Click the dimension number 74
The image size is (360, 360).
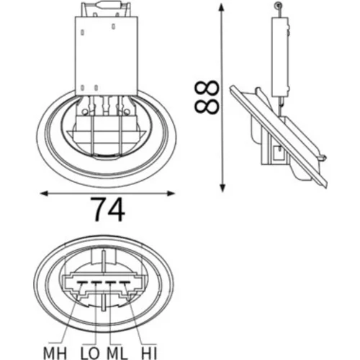click(109, 210)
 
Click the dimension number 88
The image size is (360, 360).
click(207, 96)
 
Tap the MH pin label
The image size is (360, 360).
click(55, 354)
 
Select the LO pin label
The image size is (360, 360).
click(90, 354)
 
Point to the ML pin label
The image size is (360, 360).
click(117, 354)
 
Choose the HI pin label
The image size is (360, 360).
click(149, 354)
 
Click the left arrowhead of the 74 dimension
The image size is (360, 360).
click(43, 194)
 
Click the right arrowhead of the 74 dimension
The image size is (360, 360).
click(171, 194)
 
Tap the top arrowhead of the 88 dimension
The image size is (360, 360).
click(222, 7)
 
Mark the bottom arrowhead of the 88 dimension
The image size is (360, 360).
click(222, 188)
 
